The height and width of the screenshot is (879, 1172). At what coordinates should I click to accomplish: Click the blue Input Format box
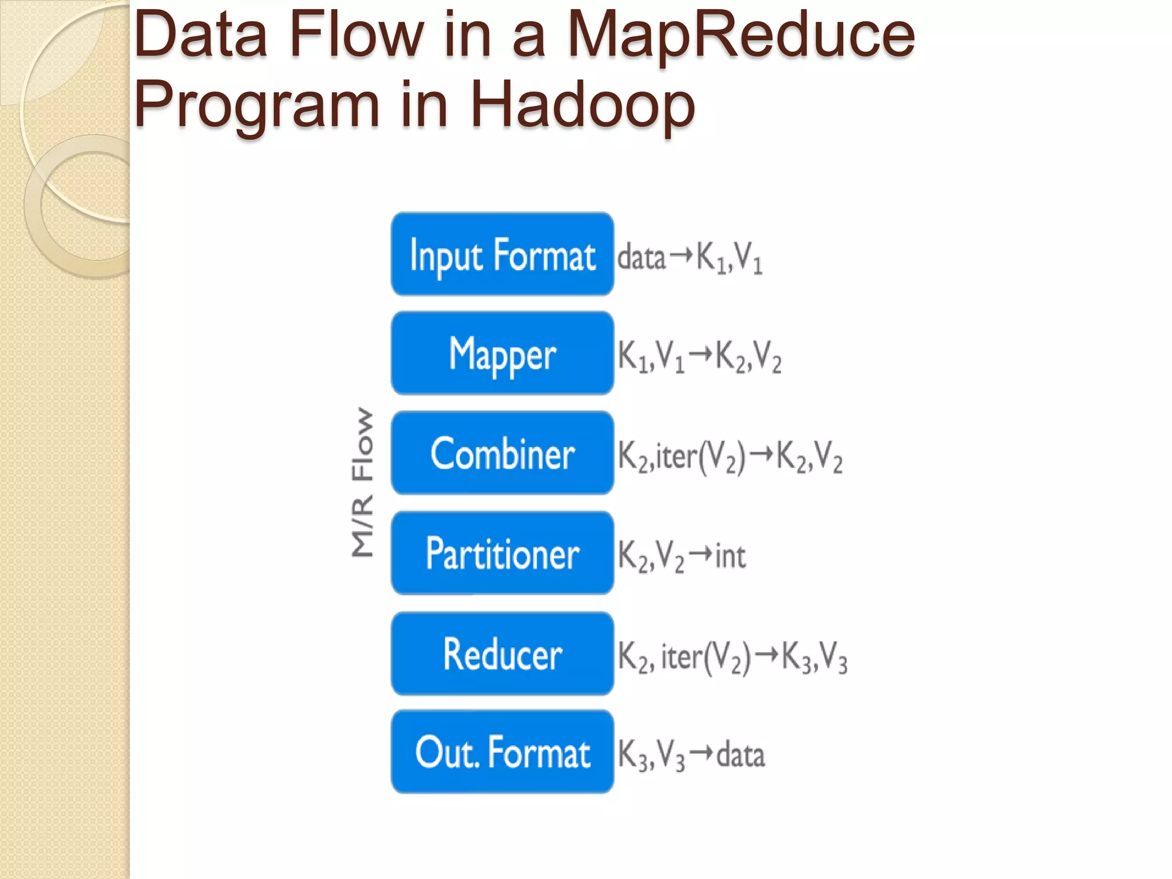click(502, 254)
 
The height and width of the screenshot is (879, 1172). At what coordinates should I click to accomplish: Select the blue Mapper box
click(502, 353)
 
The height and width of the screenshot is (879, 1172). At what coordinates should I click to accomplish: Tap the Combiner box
click(502, 453)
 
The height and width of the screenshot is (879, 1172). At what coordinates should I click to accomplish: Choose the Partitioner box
click(502, 553)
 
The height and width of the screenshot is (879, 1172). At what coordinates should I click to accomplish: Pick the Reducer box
click(502, 654)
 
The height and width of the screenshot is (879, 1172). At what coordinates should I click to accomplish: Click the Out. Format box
click(502, 752)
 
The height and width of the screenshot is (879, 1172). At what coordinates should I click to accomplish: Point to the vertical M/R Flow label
click(362, 482)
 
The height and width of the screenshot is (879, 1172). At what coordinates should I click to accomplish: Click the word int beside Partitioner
click(730, 556)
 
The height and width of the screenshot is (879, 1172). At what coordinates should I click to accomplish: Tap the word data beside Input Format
click(642, 257)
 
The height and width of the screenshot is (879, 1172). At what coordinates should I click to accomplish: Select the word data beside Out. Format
click(741, 755)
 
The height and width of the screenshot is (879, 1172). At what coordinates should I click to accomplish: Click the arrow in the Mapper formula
click(701, 354)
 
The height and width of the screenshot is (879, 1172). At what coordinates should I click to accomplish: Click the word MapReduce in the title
click(742, 35)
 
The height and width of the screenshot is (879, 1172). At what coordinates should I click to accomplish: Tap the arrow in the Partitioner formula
click(700, 554)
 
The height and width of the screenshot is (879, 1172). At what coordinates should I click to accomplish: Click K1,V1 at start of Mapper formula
click(651, 357)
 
